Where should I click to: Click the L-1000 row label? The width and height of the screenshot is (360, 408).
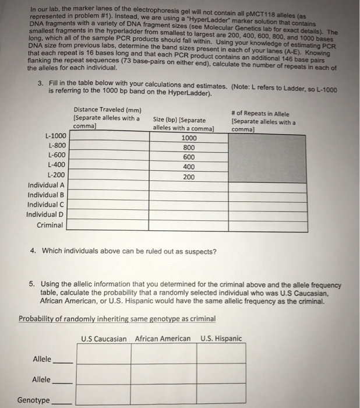(55, 136)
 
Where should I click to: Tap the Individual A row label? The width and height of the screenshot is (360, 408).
(46, 185)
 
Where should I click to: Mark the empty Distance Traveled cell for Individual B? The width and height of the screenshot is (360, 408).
(108, 195)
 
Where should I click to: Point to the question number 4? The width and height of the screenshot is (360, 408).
(33, 251)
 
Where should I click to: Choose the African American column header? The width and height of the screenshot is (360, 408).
(163, 339)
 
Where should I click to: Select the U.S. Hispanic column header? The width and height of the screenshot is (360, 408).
(220, 339)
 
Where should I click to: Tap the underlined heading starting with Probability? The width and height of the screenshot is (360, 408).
(117, 319)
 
